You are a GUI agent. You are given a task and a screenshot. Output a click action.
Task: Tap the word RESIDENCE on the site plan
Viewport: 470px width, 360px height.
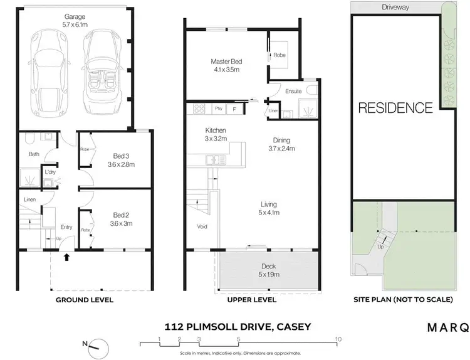(x=395, y=108)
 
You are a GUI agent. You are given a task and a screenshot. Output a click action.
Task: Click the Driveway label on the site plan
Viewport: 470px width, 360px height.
(x=395, y=8)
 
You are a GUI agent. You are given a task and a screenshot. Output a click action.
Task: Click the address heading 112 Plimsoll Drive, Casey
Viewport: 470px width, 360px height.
(x=237, y=326)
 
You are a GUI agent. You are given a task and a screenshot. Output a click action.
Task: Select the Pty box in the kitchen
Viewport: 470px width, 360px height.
(x=219, y=109)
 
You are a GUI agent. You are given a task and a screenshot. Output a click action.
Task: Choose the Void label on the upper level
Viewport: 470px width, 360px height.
(x=202, y=227)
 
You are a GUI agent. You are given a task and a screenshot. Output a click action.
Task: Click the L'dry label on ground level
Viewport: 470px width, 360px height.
(x=49, y=172)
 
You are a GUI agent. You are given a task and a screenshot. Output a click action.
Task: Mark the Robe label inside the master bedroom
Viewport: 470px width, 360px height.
(x=278, y=55)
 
